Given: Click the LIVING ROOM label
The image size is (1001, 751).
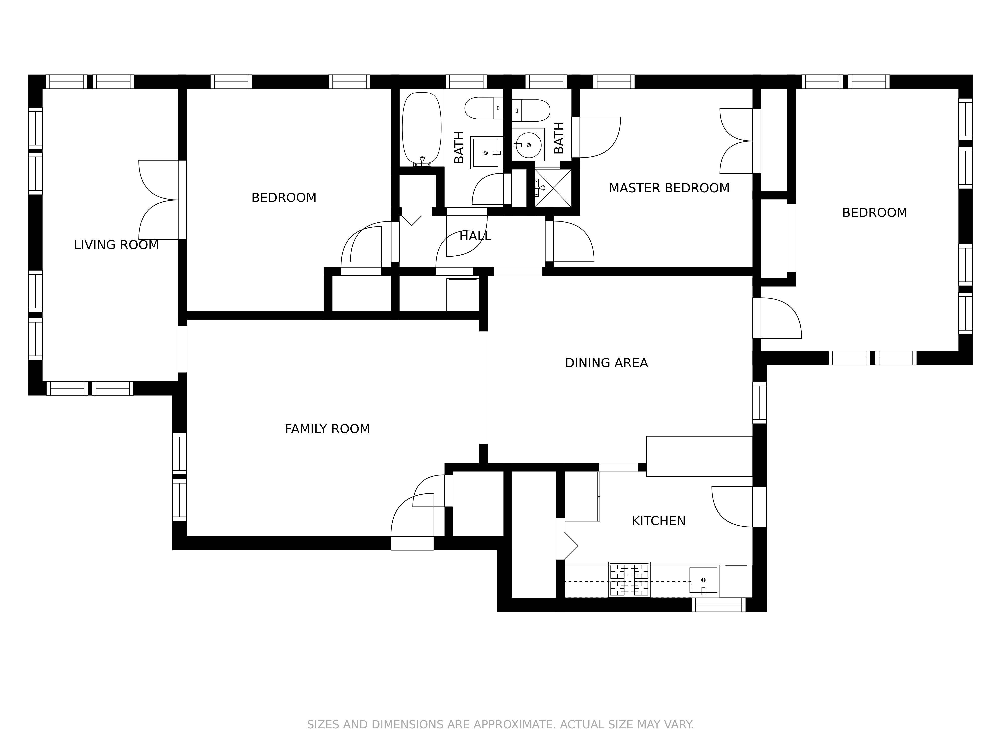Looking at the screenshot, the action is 116,245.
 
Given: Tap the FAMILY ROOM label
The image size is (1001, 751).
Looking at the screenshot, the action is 327,429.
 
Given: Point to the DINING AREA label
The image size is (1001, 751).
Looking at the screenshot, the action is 606,363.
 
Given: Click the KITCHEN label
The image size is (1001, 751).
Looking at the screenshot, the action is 658,521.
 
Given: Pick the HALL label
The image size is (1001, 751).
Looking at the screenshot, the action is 475,236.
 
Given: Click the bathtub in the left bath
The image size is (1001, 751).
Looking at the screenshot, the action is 422,129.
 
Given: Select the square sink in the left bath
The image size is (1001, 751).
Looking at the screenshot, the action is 486,152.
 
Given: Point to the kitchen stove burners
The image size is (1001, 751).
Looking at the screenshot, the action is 629,580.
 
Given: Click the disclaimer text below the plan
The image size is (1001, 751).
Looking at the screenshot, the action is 500,725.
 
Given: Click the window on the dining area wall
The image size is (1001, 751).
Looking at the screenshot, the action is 759,403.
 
